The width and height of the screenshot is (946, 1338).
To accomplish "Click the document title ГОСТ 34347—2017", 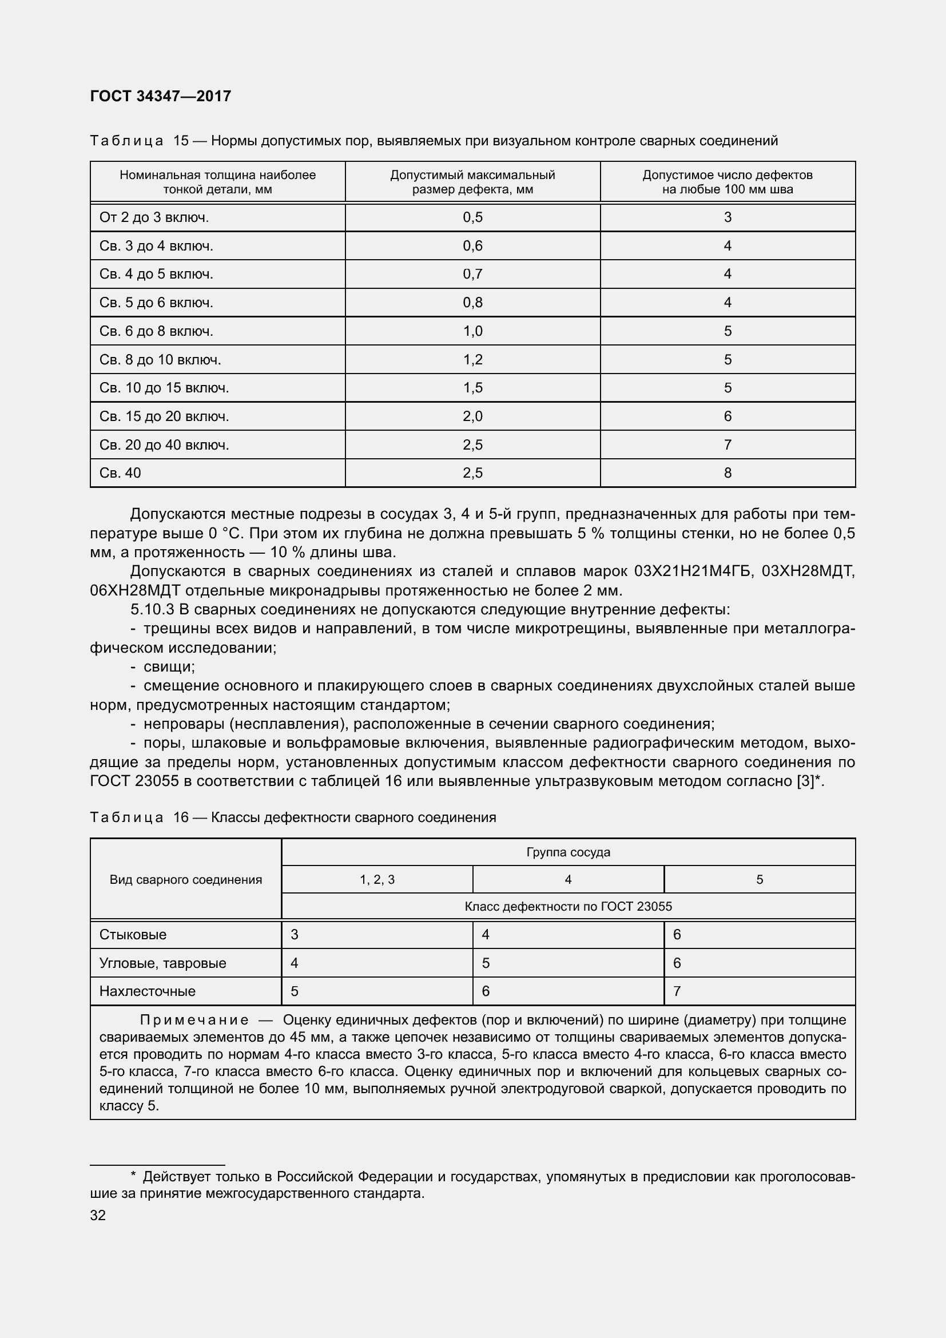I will click(x=161, y=96).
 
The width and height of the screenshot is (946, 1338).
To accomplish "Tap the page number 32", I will click(x=98, y=1215).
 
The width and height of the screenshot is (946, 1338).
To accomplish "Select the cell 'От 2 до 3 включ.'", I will click(x=154, y=217).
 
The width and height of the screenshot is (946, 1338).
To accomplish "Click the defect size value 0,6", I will click(x=472, y=246).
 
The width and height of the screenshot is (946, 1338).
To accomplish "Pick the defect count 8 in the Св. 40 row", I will click(x=728, y=473).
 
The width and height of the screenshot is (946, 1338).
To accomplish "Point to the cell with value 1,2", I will click(x=472, y=360).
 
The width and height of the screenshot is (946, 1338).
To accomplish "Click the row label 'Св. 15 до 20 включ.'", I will click(x=164, y=416).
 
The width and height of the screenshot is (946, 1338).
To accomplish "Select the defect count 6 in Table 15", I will click(x=728, y=416).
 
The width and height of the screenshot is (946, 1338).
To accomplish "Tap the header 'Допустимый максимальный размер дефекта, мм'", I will click(x=472, y=182).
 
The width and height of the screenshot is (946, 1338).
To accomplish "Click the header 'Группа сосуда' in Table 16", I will click(x=568, y=852).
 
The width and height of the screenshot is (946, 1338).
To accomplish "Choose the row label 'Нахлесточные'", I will click(x=148, y=991).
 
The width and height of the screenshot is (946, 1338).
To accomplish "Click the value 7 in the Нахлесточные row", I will click(x=677, y=991).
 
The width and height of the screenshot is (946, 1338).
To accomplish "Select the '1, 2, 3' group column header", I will click(x=377, y=879).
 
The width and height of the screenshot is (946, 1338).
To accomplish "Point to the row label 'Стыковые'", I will click(x=133, y=935).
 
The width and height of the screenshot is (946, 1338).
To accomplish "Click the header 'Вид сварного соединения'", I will click(x=186, y=879).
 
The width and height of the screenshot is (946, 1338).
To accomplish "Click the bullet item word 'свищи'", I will click(x=169, y=666).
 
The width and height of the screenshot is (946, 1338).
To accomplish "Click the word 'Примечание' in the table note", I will click(x=194, y=1020).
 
